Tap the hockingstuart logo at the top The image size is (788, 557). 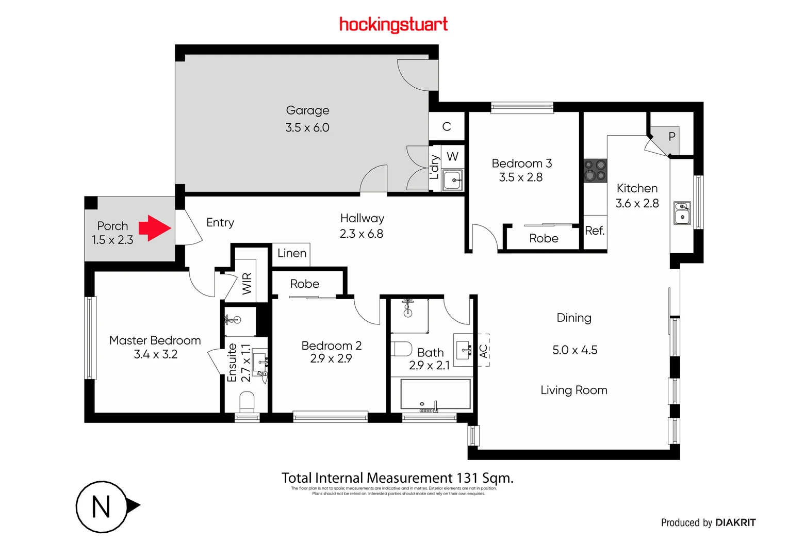point(393,24)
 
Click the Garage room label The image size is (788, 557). point(307,110)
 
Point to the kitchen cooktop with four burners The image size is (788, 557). point(595,171)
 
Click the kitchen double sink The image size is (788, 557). point(682,212)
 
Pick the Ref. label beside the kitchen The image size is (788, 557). point(595,231)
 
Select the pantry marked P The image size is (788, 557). point(671,137)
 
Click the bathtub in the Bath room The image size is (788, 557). point(435,395)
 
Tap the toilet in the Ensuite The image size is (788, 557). point(247,401)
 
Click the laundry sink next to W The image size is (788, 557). point(453,180)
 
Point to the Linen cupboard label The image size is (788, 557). point(292,253)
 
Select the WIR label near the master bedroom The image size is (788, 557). point(247,283)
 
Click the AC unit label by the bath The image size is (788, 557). point(483,351)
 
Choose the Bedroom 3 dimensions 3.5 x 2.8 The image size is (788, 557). point(521,177)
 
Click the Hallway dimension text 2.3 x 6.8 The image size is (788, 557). point(362,234)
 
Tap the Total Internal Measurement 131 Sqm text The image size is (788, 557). point(397,478)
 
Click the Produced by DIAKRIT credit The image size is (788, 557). point(708,522)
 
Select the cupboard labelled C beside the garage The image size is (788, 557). point(447,126)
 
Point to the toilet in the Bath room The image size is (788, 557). point(401,349)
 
